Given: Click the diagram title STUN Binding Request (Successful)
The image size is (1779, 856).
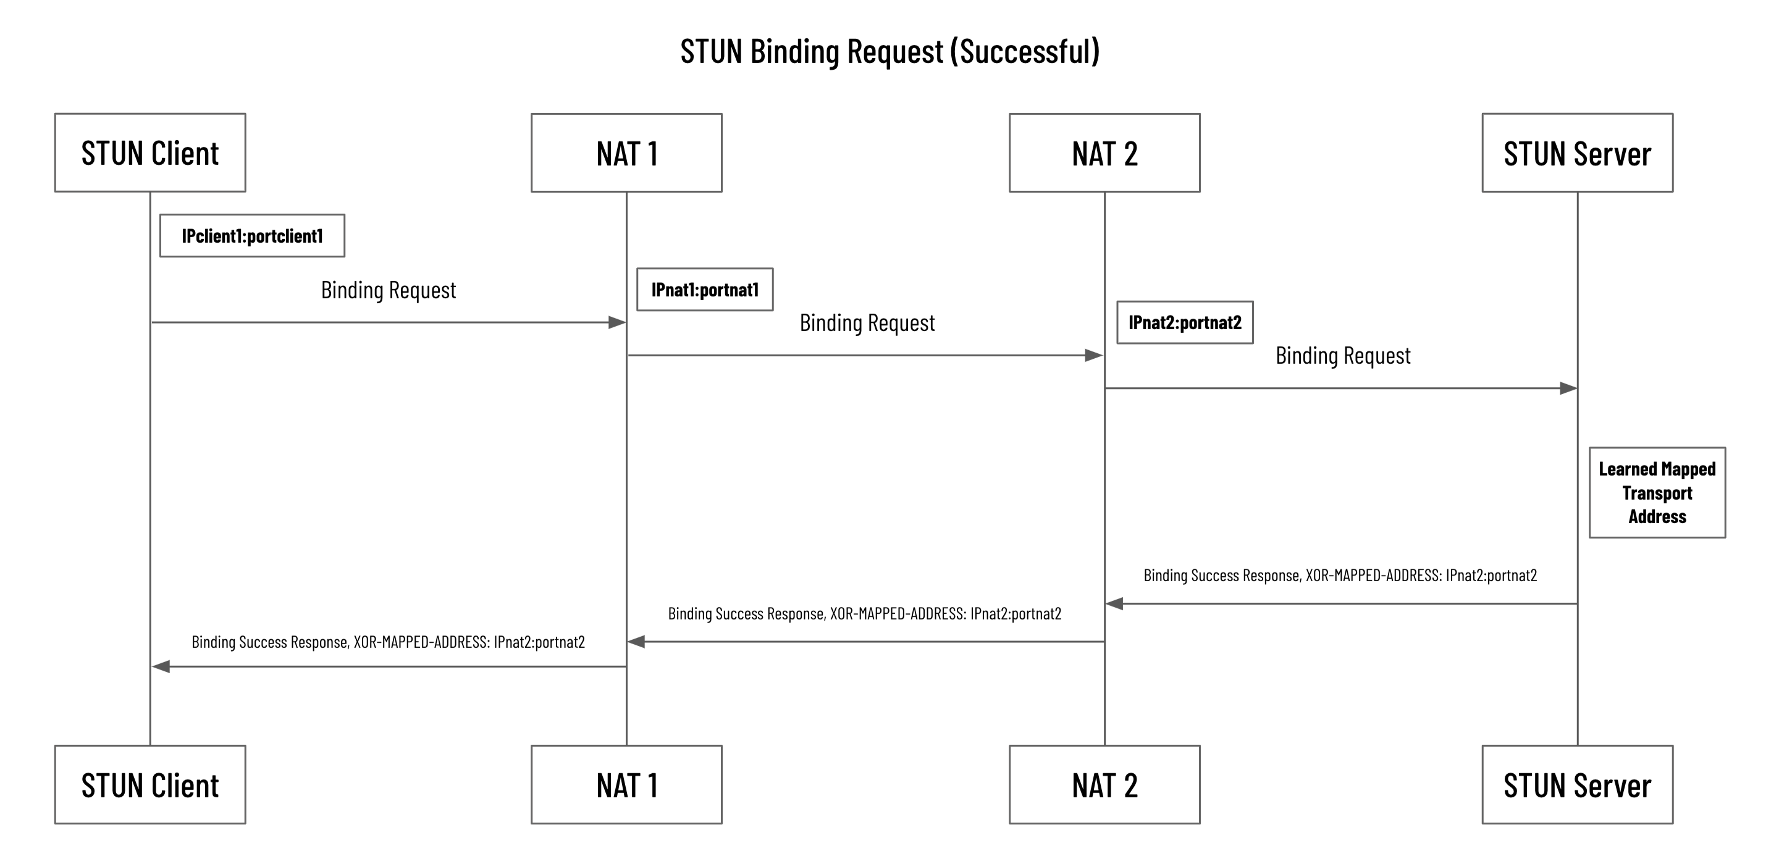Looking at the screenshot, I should tap(889, 52).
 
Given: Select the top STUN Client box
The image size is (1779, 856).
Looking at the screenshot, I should tap(150, 153).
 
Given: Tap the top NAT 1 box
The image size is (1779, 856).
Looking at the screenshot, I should tap(626, 153).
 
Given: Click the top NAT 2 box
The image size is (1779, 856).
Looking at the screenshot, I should tap(1104, 153).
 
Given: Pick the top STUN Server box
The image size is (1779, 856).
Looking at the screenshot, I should tap(1578, 153).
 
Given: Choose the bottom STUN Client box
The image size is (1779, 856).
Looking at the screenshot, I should tap(150, 784).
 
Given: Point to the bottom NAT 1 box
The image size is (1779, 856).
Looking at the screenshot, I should tap(626, 784).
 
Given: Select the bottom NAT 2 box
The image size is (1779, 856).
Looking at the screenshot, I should tap(1104, 784).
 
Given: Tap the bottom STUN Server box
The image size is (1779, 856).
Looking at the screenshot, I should tap(1578, 784).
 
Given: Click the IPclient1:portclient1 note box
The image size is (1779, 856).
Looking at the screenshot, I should tap(252, 235).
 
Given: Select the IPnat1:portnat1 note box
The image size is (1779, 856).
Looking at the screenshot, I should tap(704, 289).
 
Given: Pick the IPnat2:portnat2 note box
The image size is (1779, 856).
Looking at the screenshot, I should tap(1184, 322).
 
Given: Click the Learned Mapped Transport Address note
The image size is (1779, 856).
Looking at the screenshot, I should tap(1657, 492).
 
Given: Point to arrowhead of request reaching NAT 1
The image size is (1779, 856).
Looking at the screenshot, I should tap(616, 322).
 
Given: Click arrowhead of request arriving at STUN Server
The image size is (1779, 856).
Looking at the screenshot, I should tap(1568, 388).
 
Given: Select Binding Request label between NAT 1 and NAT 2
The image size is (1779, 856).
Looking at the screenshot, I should tap(867, 322).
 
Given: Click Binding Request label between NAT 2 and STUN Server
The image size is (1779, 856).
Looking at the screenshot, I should tap(1342, 356).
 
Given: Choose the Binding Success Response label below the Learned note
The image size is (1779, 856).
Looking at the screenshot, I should tap(1340, 575).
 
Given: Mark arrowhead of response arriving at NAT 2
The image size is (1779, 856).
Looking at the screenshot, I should tap(1114, 604).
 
